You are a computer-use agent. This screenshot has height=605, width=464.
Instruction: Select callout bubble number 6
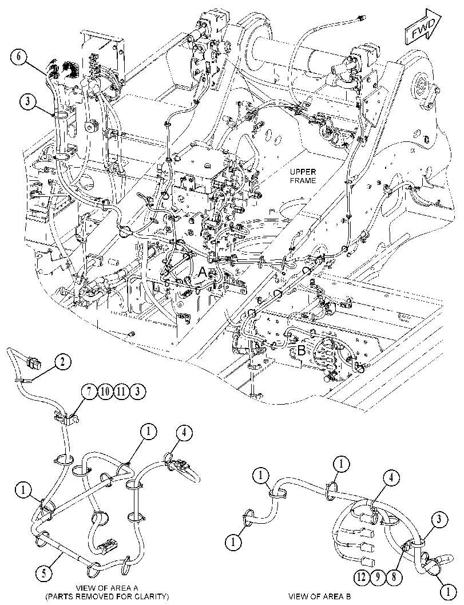19,57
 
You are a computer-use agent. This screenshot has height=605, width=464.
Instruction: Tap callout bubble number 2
63,363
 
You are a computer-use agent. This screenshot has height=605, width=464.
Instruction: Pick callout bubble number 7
89,392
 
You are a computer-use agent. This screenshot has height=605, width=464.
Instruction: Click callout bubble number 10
105,392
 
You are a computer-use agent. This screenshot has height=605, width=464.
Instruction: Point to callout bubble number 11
121,392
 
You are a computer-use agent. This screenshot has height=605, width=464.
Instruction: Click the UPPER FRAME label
303,176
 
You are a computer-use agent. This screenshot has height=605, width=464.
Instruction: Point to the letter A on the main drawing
203,272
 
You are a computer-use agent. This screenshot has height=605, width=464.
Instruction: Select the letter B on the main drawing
302,351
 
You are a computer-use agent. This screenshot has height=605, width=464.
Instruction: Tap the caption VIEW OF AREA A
107,588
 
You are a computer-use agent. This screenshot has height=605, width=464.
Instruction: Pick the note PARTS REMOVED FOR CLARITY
107,596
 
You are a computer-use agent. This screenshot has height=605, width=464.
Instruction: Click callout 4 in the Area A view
184,433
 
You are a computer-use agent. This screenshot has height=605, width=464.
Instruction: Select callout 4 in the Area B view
392,478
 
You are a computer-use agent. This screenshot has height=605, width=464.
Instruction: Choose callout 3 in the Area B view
439,520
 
